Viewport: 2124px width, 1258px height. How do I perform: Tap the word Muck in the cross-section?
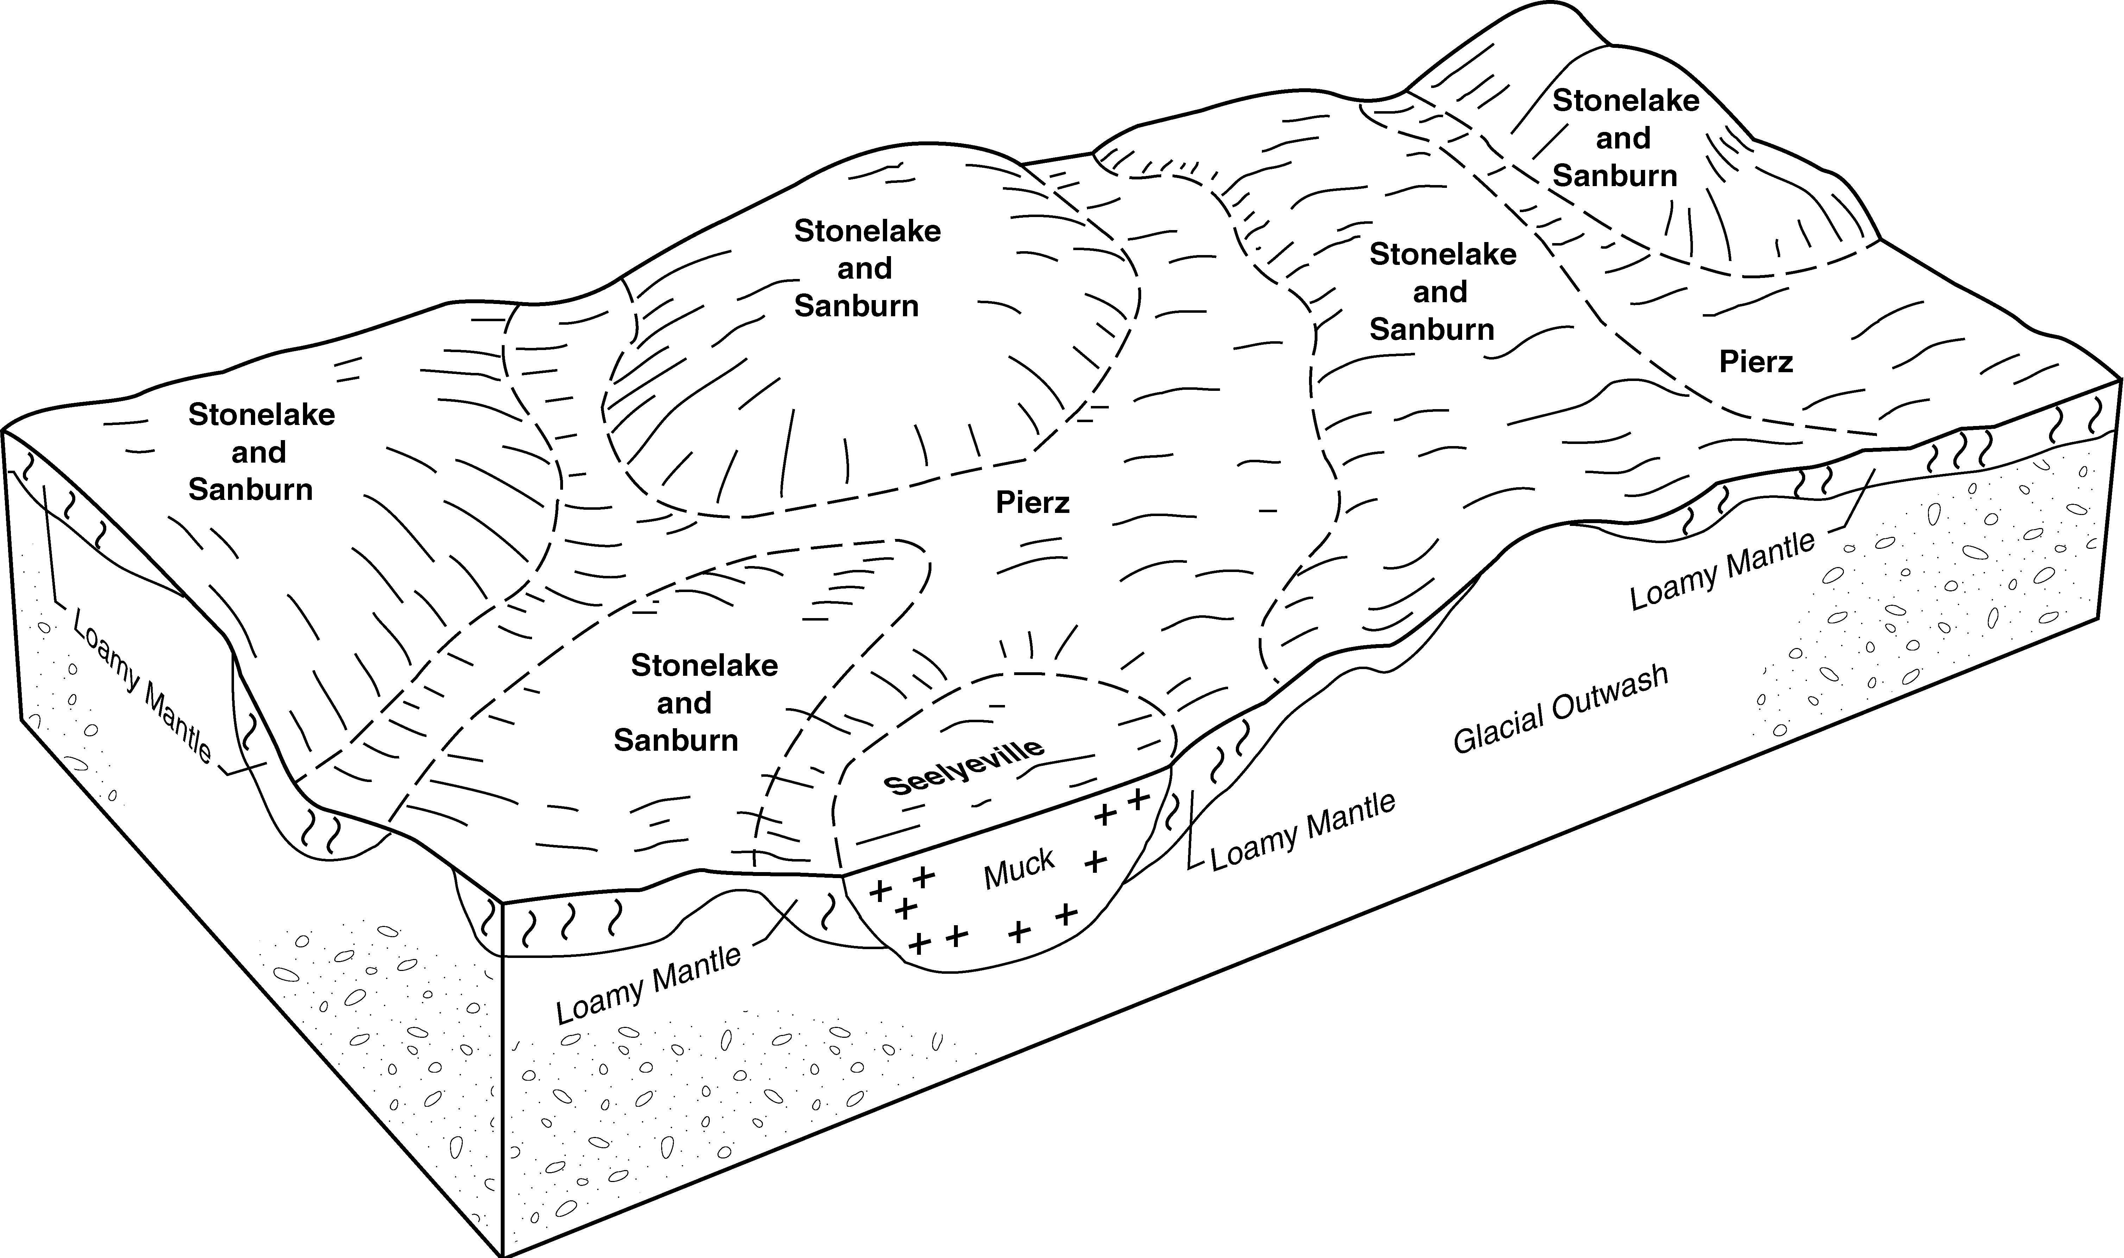tap(1019, 870)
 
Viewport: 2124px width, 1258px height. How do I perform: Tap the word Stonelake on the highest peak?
tap(1625, 101)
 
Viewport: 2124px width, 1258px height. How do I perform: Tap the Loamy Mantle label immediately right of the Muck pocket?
tap(1302, 832)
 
